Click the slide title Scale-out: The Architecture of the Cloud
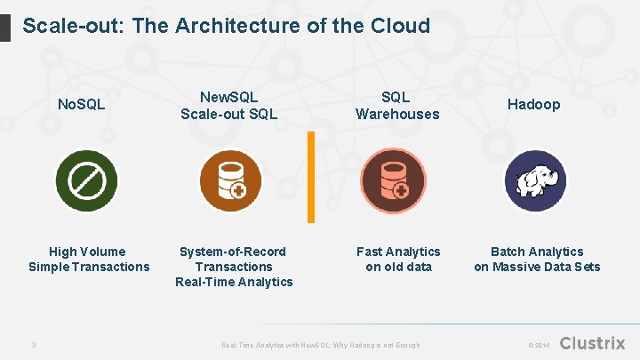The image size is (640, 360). click(226, 26)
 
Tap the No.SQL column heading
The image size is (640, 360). click(81, 105)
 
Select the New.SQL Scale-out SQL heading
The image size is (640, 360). click(229, 105)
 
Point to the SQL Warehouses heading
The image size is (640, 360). click(396, 105)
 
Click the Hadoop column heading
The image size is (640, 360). click(534, 105)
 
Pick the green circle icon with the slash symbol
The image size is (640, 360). click(87, 181)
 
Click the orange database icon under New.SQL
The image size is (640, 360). click(229, 179)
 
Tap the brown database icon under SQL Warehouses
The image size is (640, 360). click(393, 179)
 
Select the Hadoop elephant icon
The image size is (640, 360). click(535, 180)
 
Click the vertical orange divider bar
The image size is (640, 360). click(311, 177)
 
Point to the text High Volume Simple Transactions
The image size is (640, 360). click(88, 260)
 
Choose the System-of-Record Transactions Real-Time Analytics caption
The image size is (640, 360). click(234, 267)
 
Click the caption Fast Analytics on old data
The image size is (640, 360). click(398, 260)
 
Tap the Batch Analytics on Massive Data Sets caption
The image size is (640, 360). click(537, 260)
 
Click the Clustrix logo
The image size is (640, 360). click(593, 343)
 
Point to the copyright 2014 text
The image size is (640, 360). click(540, 345)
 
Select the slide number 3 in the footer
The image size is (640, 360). click(32, 344)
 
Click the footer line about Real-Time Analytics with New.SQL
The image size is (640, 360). click(320, 345)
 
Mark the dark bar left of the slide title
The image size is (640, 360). click(5, 26)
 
